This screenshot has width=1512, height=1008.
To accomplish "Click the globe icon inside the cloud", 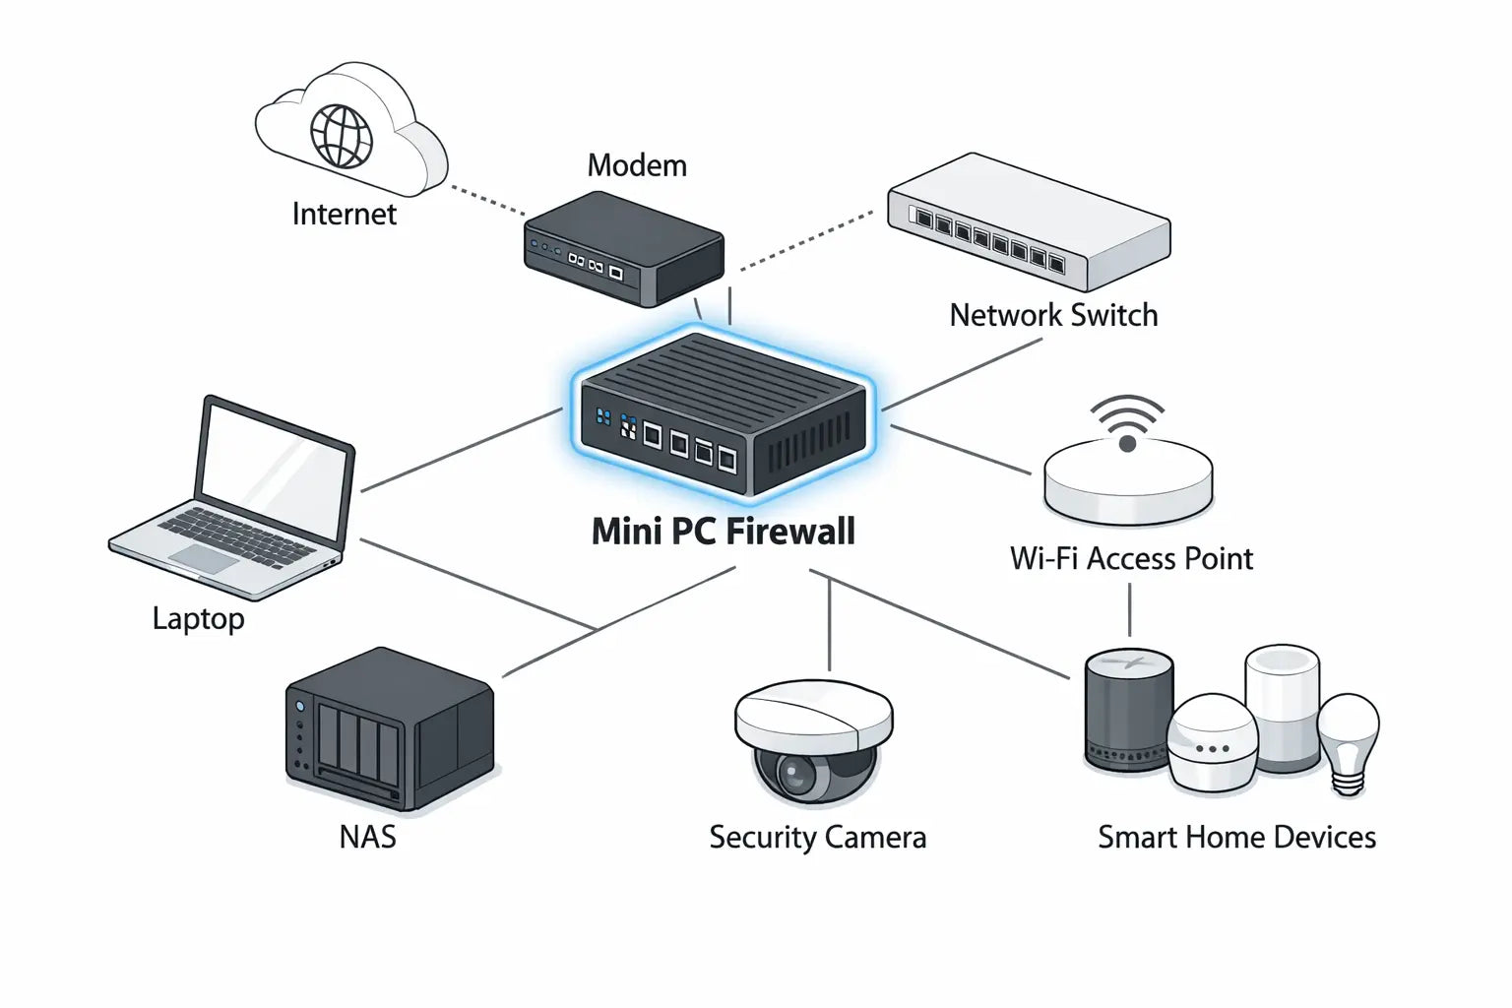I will [x=342, y=136].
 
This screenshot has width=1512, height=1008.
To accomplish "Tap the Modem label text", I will [x=637, y=165].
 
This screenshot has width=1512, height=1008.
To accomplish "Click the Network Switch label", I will [x=1053, y=315].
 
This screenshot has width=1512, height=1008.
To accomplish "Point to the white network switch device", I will [x=1029, y=221].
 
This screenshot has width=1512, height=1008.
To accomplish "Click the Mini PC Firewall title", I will [x=723, y=532].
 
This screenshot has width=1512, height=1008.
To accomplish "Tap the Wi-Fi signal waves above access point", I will [x=1128, y=418].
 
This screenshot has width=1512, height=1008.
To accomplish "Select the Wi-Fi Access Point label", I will [x=1131, y=559].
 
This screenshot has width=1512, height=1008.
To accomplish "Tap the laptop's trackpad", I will [x=205, y=559].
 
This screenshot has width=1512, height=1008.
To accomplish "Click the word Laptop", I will [x=198, y=618].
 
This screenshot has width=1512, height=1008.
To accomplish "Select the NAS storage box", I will [x=389, y=728].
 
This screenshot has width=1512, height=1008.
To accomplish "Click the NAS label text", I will [x=367, y=837].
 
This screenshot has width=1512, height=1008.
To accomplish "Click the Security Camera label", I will [x=817, y=838].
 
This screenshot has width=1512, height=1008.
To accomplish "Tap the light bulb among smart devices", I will [x=1348, y=738].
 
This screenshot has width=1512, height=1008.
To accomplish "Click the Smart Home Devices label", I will [x=1236, y=838].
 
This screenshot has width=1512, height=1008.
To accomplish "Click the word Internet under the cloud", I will [x=344, y=214].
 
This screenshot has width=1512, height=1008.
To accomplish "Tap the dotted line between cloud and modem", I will [x=487, y=200].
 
